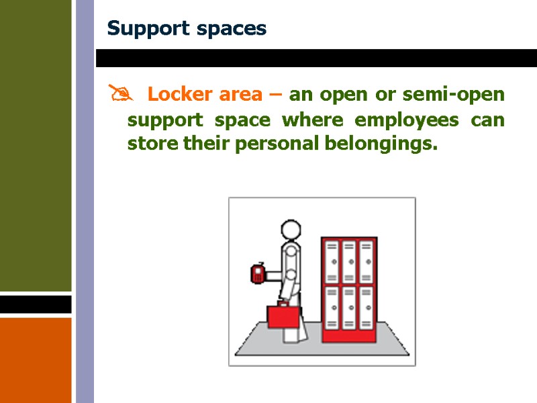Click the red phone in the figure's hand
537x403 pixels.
tap(257, 273)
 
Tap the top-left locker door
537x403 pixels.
tap(332, 262)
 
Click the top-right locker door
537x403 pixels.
tap(366, 262)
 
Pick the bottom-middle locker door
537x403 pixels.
tap(349, 308)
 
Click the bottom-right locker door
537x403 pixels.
tap(366, 308)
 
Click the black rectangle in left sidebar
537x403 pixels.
tap(36, 304)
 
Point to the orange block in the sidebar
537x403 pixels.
tap(36, 359)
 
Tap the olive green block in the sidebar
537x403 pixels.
tap(36, 144)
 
